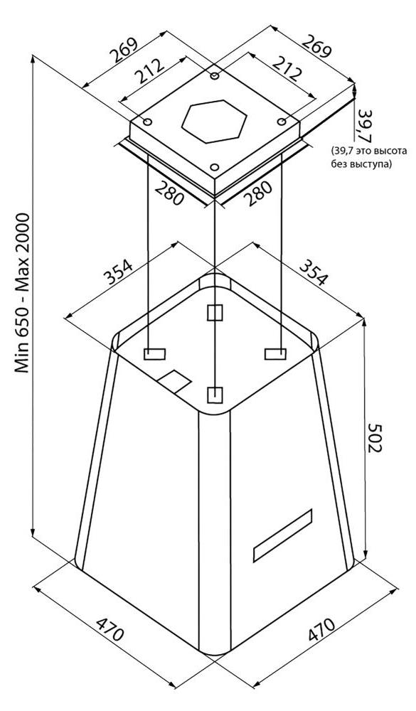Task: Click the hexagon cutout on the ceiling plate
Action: pos(214,122)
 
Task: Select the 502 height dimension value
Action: pos(376,437)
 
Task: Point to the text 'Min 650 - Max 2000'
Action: pos(22,293)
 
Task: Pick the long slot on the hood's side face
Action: pos(282,535)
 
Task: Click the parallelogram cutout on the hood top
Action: pos(174,382)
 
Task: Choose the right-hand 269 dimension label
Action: pos(317,46)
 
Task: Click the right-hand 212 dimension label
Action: pos(287,68)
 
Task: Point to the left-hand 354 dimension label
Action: pos(118,271)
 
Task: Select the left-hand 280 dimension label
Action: pos(169,192)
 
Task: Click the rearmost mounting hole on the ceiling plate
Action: pos(215,76)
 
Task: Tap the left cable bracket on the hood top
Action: pos(154,354)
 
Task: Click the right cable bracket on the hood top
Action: pos(275,353)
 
